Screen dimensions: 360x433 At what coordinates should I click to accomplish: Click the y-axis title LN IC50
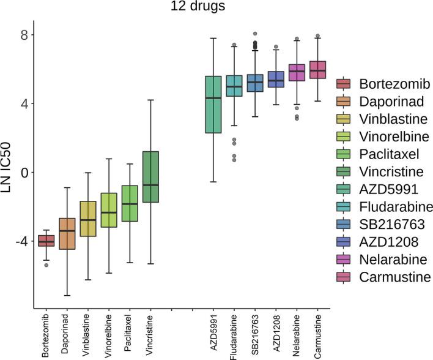click(9, 173)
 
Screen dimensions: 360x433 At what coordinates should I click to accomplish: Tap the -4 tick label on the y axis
click(17, 241)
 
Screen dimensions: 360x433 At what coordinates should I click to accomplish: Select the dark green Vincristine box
click(150, 176)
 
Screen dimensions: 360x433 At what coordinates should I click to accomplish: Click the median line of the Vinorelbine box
click(109, 212)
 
